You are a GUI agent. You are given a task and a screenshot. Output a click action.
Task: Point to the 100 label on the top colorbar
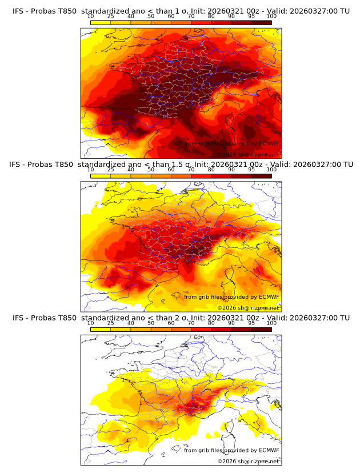click(271, 17)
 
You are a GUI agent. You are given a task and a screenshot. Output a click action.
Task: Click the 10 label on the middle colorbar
click(90, 170)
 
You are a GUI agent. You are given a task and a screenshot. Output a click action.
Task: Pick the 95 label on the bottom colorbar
click(251, 323)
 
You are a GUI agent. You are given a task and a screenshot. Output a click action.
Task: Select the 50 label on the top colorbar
click(151, 17)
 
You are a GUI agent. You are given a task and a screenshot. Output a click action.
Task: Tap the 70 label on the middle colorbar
click(191, 170)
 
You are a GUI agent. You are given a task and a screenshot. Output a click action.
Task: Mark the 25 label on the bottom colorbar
click(110, 323)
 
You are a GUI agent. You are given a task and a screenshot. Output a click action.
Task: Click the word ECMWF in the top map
click(269, 143)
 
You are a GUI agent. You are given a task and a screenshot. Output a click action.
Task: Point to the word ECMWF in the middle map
click(269, 296)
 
